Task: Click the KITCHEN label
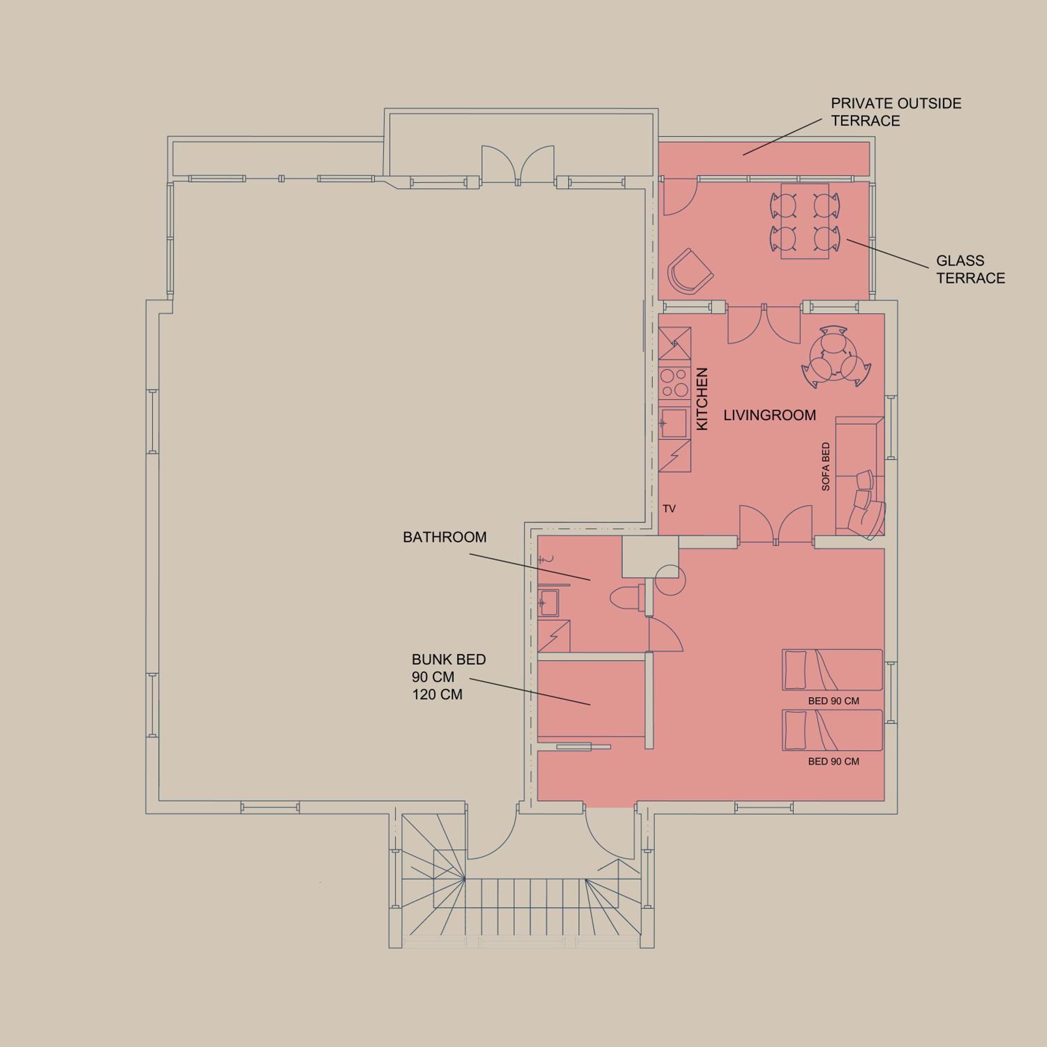click(x=702, y=399)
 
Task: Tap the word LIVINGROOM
click(x=770, y=415)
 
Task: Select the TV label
click(x=669, y=509)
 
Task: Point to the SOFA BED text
click(x=826, y=467)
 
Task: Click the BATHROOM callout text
click(x=444, y=537)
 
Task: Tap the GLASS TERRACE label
click(x=971, y=269)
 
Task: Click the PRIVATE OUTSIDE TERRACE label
click(x=896, y=112)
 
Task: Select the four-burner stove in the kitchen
click(x=675, y=383)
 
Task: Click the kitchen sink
click(x=674, y=422)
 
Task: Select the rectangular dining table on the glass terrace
click(x=805, y=221)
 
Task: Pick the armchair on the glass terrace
click(x=689, y=273)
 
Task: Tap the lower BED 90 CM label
click(x=833, y=762)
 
